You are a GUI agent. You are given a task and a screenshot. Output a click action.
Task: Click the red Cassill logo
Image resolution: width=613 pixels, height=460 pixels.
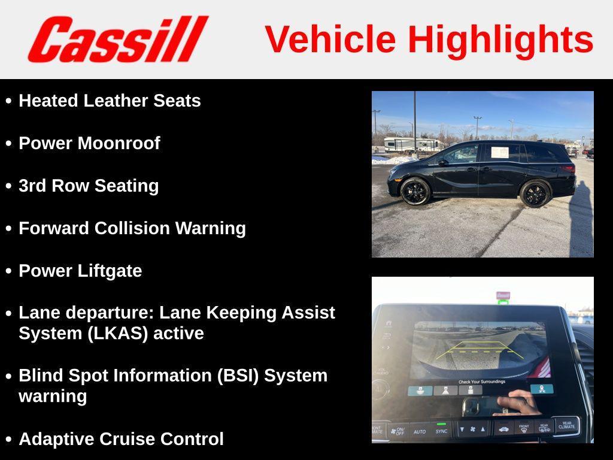point(117,39)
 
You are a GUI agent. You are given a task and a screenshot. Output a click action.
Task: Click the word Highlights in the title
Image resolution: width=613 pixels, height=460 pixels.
point(500,40)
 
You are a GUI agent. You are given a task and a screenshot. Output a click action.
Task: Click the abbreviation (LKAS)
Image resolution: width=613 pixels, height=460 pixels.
point(118,334)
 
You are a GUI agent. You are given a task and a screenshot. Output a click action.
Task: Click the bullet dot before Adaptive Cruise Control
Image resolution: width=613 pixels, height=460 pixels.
point(8,440)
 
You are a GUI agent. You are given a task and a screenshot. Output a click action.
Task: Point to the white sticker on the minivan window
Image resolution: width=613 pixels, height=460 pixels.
point(500,152)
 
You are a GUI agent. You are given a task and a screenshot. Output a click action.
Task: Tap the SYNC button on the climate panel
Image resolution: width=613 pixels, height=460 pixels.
point(441,431)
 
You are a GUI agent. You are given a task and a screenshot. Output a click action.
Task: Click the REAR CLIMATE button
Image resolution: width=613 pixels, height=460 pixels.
point(566,425)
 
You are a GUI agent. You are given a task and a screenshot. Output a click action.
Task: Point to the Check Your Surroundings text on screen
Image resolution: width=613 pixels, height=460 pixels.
point(481,382)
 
